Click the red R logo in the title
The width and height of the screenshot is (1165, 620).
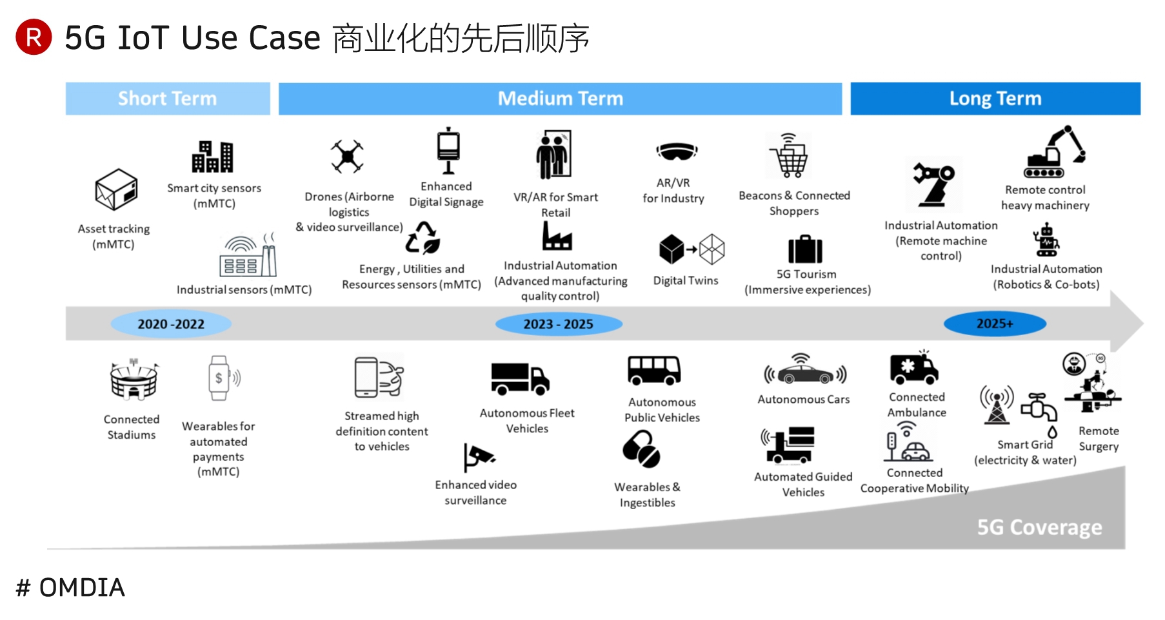pos(34,37)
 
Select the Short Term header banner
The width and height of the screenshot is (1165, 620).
pos(168,99)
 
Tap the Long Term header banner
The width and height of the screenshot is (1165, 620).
pos(995,99)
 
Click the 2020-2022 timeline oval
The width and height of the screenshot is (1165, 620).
pos(171,324)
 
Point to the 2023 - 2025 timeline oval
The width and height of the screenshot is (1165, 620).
pos(558,324)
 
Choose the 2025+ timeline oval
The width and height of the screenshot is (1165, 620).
pos(995,324)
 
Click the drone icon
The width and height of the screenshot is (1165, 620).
pos(347,156)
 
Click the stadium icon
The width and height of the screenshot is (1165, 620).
pos(134,380)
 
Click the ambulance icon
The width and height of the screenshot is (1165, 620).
pos(913,369)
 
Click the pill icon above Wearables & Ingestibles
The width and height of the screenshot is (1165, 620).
pos(641,449)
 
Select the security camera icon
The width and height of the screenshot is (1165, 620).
pos(478,457)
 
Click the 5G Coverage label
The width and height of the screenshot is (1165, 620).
pos(1039,527)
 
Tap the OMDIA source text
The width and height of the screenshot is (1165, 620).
pos(71,588)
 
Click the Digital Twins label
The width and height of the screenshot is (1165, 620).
pos(685,280)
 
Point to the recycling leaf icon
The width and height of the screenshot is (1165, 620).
pos(423,238)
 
